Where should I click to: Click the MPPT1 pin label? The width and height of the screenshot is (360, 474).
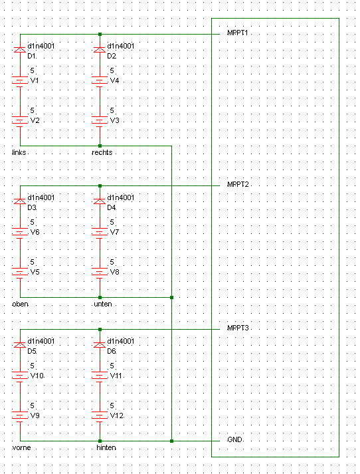pyautogui.click(x=237, y=33)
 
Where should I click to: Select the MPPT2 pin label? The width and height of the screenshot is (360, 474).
pyautogui.click(x=238, y=184)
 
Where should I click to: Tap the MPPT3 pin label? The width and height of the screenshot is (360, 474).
pyautogui.click(x=238, y=328)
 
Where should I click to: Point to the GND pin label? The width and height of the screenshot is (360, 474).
pyautogui.click(x=234, y=439)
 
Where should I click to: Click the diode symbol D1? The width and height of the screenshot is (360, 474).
pyautogui.click(x=20, y=49)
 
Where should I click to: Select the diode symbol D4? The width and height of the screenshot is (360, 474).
pyautogui.click(x=100, y=201)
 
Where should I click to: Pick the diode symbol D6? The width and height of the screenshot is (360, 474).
pyautogui.click(x=100, y=344)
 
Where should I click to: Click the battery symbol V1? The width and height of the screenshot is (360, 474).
pyautogui.click(x=20, y=81)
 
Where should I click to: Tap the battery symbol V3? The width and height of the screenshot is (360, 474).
pyautogui.click(x=100, y=121)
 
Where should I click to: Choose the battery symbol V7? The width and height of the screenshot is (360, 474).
pyautogui.click(x=100, y=233)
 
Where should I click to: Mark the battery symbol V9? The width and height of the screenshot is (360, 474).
pyautogui.click(x=20, y=416)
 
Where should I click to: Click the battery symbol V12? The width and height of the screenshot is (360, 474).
pyautogui.click(x=100, y=416)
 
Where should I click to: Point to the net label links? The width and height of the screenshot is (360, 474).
pyautogui.click(x=19, y=152)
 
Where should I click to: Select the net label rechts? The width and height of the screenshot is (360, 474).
pyautogui.click(x=102, y=152)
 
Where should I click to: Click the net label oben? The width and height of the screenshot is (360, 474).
pyautogui.click(x=20, y=304)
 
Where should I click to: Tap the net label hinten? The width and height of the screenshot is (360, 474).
pyautogui.click(x=106, y=447)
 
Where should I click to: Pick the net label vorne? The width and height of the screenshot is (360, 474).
pyautogui.click(x=21, y=447)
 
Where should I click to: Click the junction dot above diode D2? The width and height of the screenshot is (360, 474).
pyautogui.click(x=100, y=34)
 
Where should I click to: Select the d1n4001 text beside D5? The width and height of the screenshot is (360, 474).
pyautogui.click(x=41, y=341)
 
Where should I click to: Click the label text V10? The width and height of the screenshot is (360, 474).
pyautogui.click(x=37, y=376)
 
